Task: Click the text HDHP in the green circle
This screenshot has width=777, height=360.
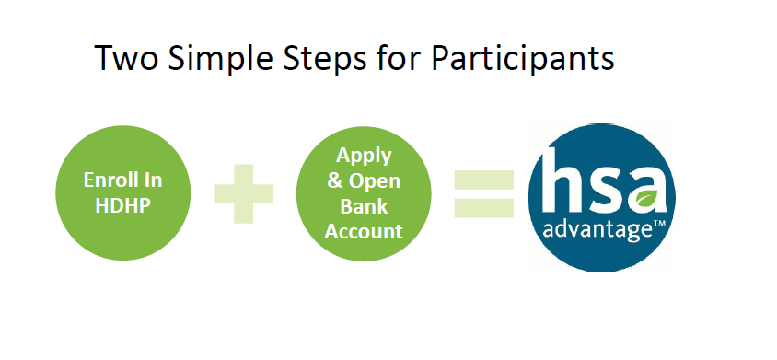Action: [122, 205]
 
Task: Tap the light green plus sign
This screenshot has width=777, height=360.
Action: [243, 193]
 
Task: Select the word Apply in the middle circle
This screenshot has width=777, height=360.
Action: [364, 157]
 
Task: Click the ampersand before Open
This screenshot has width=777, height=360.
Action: [334, 181]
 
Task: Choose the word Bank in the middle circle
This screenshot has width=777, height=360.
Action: [364, 206]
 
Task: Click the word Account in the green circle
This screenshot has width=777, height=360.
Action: [364, 232]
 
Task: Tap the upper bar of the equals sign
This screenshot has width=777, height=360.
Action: [484, 179]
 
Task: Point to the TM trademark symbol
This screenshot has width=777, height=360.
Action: [659, 226]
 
